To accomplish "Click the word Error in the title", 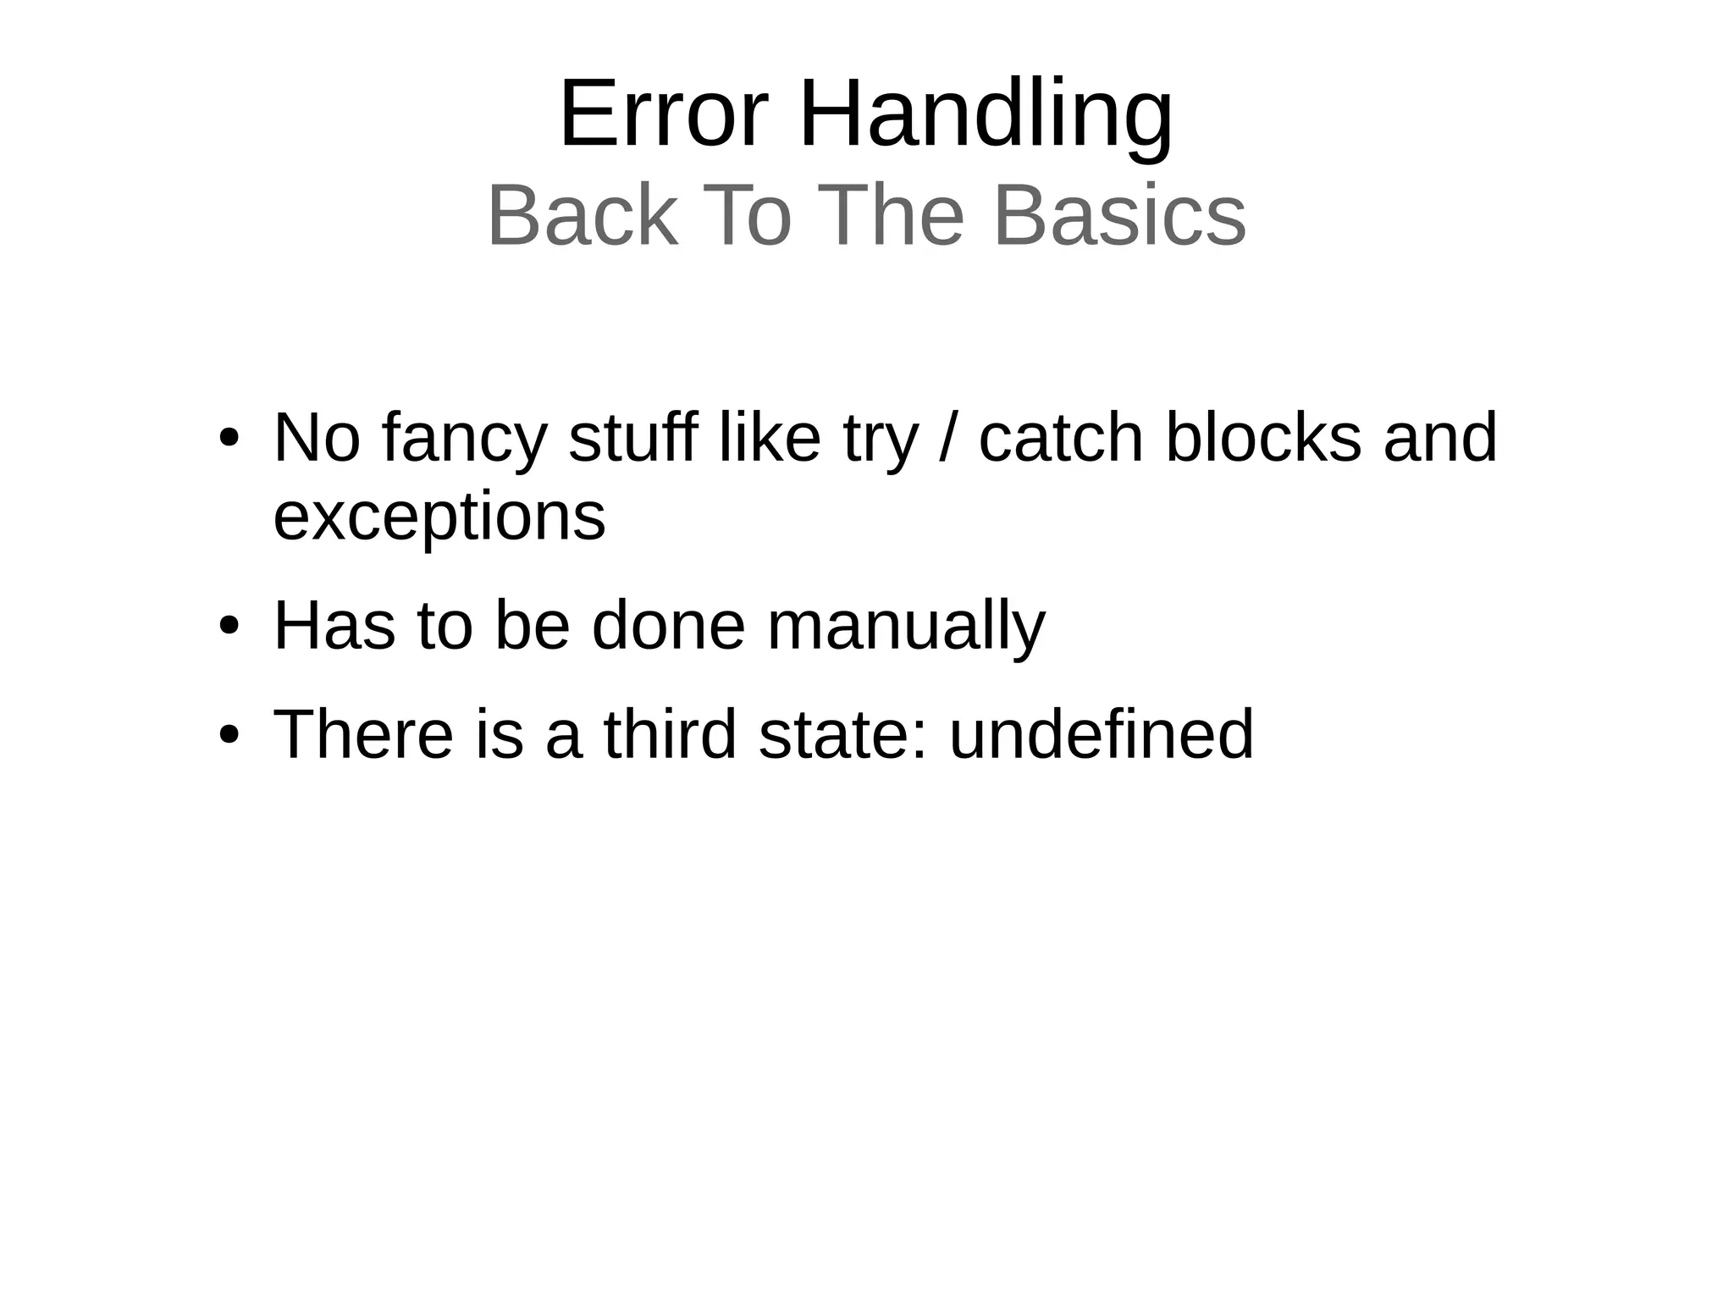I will click(664, 114).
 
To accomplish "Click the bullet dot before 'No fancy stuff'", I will click(228, 439).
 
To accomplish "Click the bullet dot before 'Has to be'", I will click(228, 627).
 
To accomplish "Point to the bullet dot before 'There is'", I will click(228, 734).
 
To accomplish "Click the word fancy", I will click(465, 439).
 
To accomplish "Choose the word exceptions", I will click(439, 517).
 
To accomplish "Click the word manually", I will click(906, 627).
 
